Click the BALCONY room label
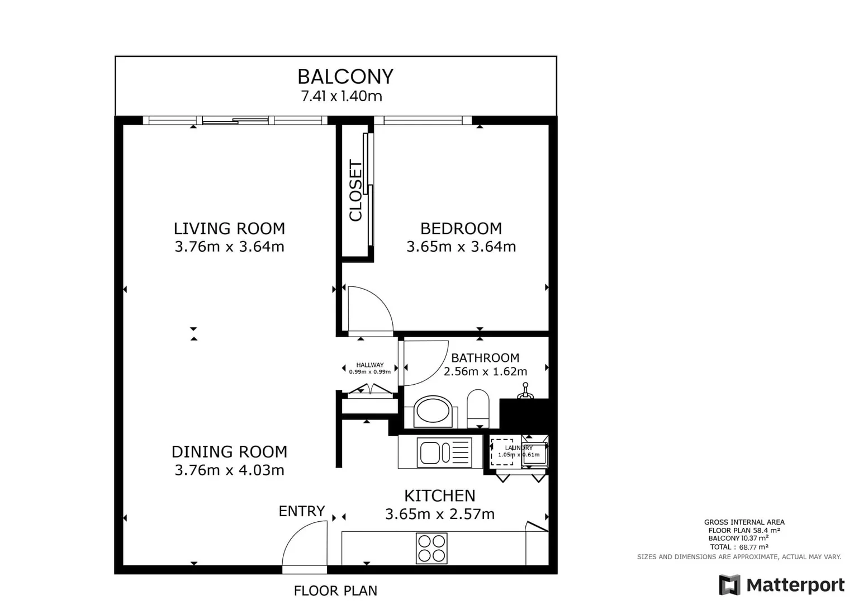tap(345, 77)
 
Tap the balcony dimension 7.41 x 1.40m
tap(341, 96)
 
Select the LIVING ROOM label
tap(229, 228)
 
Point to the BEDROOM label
tap(461, 228)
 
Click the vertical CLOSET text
tap(355, 191)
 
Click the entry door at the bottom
tap(305, 545)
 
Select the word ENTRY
tap(301, 511)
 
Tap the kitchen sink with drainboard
tap(444, 452)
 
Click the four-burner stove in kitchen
tap(431, 548)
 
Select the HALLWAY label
tap(370, 365)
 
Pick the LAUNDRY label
tap(519, 448)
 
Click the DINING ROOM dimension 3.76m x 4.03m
tap(229, 470)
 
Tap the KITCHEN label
tap(439, 496)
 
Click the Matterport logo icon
tap(729, 585)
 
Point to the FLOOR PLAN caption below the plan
tap(335, 591)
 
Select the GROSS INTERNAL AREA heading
tap(744, 522)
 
